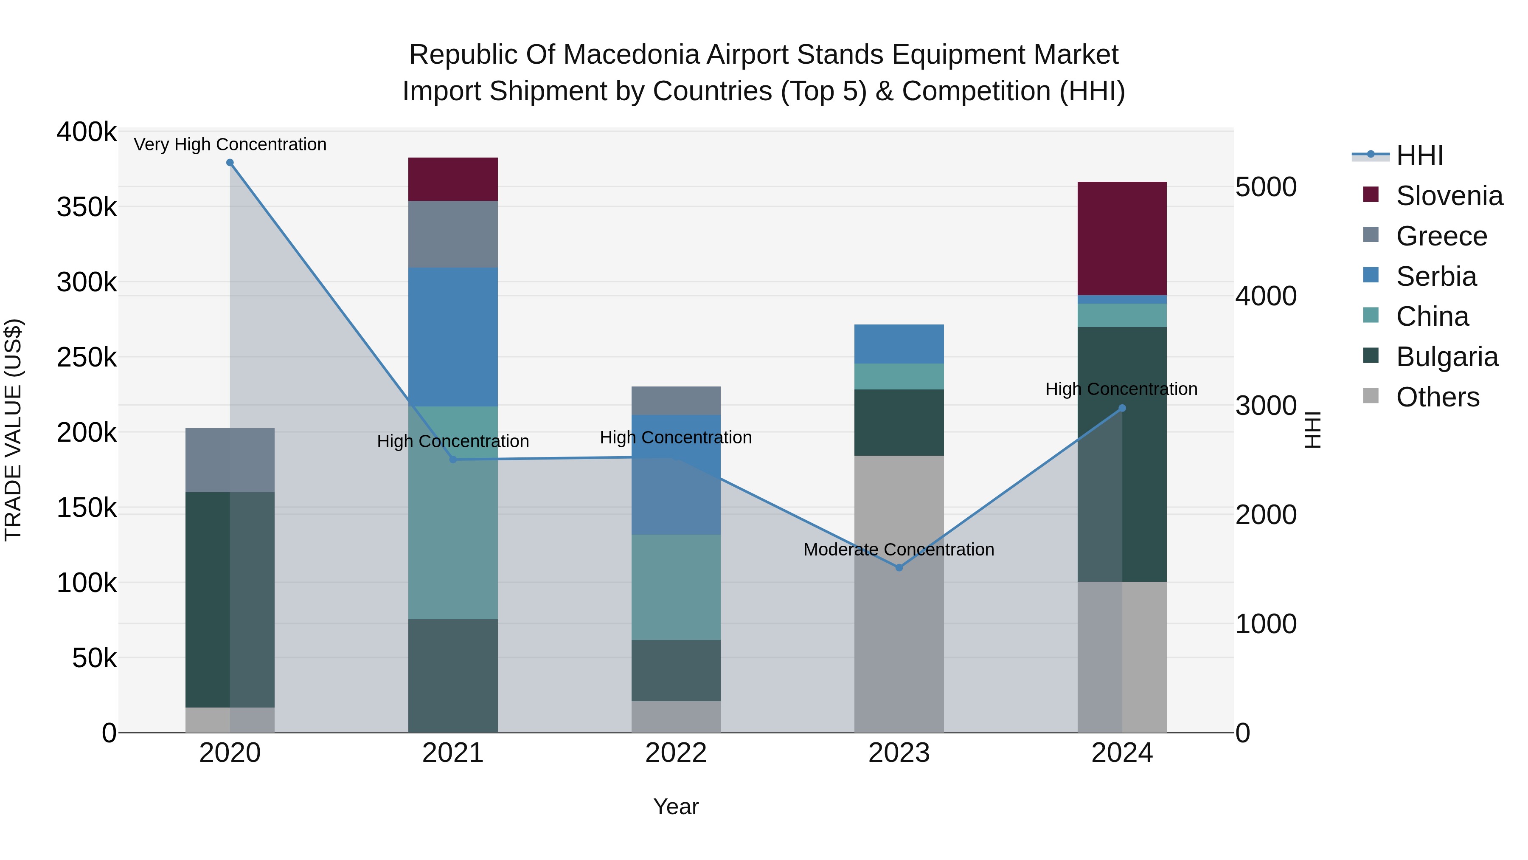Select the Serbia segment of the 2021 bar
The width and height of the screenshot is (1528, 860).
point(452,336)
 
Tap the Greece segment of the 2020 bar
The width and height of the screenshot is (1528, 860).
point(230,460)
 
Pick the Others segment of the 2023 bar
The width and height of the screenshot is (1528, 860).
point(899,594)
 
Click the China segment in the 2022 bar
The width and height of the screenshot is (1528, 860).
point(676,587)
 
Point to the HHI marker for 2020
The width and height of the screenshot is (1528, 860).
point(230,163)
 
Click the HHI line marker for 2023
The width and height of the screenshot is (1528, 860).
point(899,567)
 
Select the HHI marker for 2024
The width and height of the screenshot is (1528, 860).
point(1122,408)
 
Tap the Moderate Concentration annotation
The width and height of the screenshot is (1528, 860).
point(898,550)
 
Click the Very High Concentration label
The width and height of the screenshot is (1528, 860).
point(230,144)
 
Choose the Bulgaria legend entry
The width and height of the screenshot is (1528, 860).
point(1447,357)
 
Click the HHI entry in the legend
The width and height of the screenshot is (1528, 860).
point(1419,155)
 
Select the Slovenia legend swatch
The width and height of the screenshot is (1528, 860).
point(1371,195)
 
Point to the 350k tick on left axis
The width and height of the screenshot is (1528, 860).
point(87,207)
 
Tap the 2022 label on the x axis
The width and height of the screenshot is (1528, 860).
point(676,753)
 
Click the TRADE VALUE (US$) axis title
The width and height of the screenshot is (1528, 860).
point(14,430)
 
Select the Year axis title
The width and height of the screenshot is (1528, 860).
point(676,806)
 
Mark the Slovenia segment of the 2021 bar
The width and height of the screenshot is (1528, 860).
point(452,179)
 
